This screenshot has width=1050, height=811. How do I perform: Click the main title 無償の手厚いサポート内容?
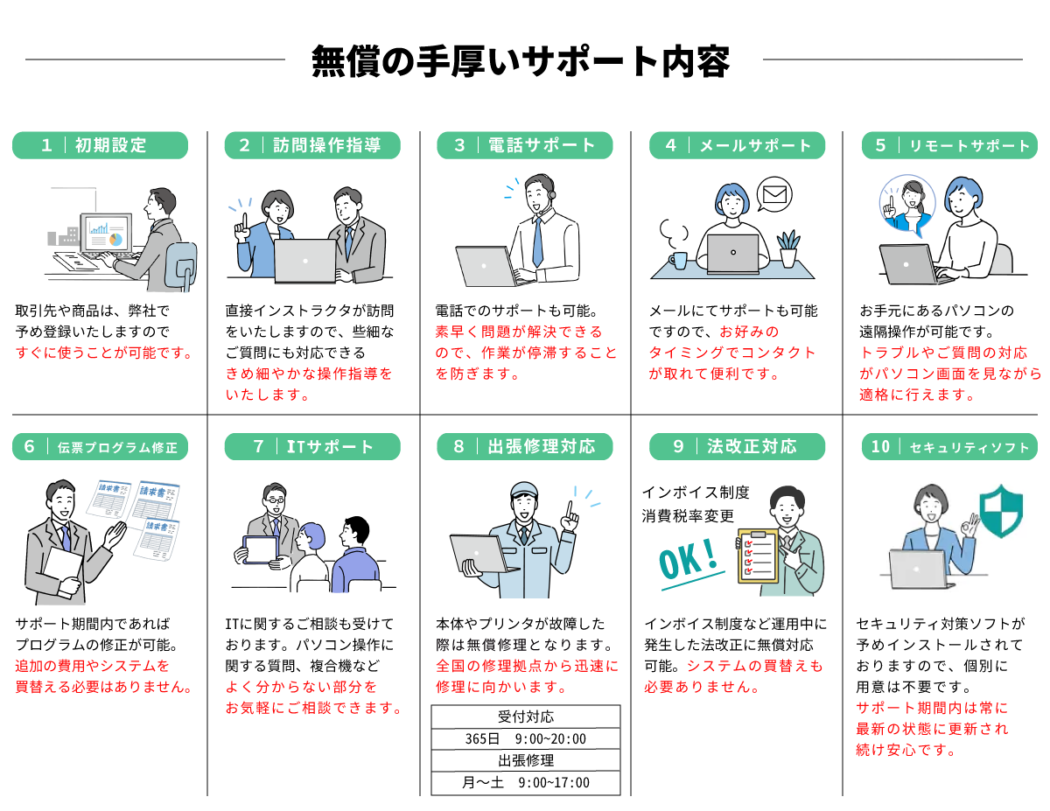(x=521, y=60)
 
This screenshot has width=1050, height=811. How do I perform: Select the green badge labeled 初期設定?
(x=100, y=145)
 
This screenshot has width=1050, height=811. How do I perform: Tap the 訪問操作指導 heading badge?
(x=312, y=145)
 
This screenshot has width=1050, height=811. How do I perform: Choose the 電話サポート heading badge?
(x=524, y=145)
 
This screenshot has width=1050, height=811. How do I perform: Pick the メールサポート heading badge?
(x=737, y=145)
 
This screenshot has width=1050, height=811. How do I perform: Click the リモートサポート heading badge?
(x=949, y=145)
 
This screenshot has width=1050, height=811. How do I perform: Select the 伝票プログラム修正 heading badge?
(x=100, y=447)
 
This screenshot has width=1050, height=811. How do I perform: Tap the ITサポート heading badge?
(x=312, y=447)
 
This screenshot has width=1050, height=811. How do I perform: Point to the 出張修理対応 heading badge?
(x=524, y=447)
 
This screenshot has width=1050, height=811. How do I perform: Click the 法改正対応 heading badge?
(x=737, y=447)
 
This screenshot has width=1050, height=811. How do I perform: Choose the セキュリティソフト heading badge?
(x=949, y=447)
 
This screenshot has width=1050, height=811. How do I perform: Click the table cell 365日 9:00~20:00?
(x=526, y=738)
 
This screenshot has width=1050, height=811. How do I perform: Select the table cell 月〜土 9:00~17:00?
(x=526, y=782)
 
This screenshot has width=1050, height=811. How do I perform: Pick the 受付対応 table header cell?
(x=526, y=717)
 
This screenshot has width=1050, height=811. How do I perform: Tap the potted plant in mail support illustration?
(x=789, y=248)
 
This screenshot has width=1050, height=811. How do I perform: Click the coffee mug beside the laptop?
(x=679, y=259)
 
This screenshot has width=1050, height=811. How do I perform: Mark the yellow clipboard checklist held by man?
(x=758, y=556)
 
